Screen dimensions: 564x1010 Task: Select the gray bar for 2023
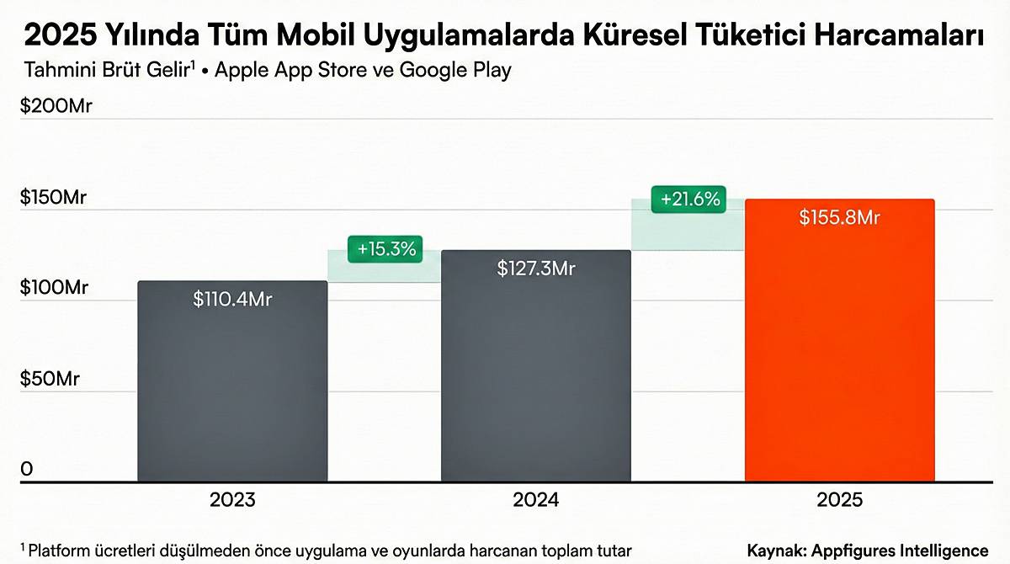click(x=232, y=387)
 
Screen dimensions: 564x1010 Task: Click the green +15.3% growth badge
click(x=386, y=249)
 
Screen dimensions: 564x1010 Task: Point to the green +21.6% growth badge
click(x=690, y=200)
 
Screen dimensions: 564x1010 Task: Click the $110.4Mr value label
click(x=232, y=298)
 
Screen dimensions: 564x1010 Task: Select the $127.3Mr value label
click(x=536, y=268)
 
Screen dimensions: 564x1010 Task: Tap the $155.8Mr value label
click(x=839, y=217)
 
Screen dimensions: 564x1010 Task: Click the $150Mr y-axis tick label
click(x=54, y=198)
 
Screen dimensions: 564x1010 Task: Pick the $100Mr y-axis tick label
click(x=54, y=288)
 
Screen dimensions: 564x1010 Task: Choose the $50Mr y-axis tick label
click(x=50, y=379)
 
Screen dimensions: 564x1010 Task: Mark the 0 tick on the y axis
click(x=27, y=469)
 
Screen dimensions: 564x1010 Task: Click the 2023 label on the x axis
click(x=232, y=500)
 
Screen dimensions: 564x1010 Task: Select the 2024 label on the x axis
click(x=536, y=500)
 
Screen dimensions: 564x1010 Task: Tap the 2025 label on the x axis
click(x=839, y=500)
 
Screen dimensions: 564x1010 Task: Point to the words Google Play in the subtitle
click(x=455, y=70)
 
